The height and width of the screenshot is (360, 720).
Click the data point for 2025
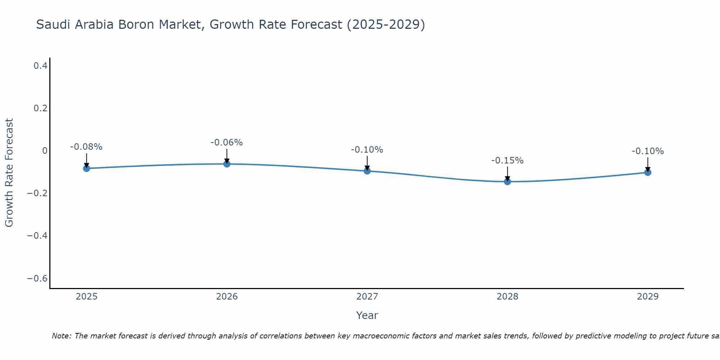pos(86,168)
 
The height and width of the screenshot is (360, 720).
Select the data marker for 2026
pos(227,164)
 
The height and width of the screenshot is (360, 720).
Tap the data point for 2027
pos(367,171)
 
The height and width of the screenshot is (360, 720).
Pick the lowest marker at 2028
pos(507,181)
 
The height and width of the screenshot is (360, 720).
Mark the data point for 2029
pos(648,172)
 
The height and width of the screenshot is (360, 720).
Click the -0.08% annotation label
pos(86,147)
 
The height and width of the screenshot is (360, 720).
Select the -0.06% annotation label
pos(227,143)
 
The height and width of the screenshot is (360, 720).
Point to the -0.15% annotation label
pos(507,161)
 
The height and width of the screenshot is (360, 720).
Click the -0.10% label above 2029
pos(648,151)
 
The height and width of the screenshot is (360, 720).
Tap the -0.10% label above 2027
pos(367,150)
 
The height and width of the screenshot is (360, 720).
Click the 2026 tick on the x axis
pos(227,297)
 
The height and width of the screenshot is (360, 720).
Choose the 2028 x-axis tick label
pos(507,297)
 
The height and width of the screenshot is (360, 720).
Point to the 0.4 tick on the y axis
pos(40,66)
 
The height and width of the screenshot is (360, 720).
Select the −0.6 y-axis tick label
pos(37,279)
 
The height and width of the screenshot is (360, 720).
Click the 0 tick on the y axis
pos(45,151)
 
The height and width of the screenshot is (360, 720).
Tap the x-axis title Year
pos(367,315)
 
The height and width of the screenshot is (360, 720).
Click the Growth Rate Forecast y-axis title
pos(9,173)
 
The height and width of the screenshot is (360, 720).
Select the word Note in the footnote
pos(61,336)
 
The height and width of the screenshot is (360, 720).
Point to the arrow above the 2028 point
pos(507,173)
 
